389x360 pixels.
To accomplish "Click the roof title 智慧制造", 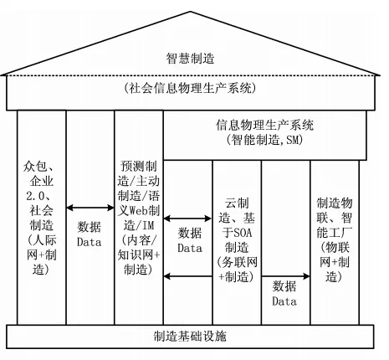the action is (190, 59).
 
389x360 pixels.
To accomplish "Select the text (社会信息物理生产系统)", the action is (190, 88).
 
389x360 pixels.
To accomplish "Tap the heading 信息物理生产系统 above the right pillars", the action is (264, 125).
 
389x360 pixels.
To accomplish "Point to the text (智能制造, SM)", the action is (264, 140).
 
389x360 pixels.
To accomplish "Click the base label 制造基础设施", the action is (190, 337).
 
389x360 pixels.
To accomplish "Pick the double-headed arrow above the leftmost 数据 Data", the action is (90, 208).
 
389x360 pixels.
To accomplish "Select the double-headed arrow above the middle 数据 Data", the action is (187, 219).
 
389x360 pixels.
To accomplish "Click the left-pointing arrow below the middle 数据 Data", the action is (188, 276).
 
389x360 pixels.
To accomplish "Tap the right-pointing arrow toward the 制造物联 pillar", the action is (286, 276).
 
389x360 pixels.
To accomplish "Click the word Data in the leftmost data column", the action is (90, 242).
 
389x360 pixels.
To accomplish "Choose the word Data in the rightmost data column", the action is (284, 301).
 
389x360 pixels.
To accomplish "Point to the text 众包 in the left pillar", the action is (35, 167).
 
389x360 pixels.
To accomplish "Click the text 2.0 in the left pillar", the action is (35, 196).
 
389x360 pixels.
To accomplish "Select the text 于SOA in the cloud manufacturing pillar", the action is (237, 233).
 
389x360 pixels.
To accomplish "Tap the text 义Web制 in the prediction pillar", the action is (139, 210).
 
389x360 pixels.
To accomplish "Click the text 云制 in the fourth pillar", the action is (237, 203).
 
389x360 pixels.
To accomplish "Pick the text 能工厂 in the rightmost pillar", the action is (335, 233).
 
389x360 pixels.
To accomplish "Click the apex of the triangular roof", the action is (191, 12).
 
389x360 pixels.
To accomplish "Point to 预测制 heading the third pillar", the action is (139, 167).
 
